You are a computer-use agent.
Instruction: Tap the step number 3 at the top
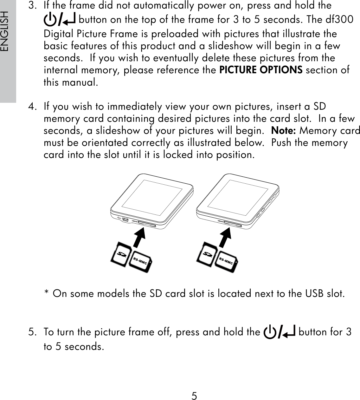pos(31,6)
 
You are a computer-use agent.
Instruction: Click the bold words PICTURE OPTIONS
pos(261,70)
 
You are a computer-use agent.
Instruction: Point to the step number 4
pos(31,107)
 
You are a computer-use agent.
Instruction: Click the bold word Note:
pos(284,131)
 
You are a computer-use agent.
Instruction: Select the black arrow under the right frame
pos(225,236)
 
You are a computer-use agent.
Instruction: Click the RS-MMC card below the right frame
pos(226,261)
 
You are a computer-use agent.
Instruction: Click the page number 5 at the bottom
pos(194,396)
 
